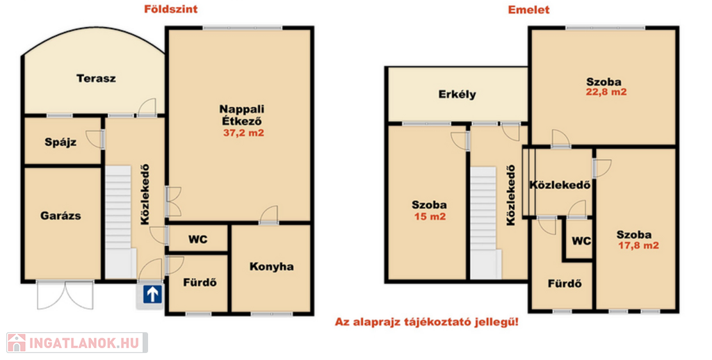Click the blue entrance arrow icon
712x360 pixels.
[x=152, y=294]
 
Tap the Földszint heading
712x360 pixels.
[x=171, y=9]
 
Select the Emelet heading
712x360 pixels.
[x=528, y=10]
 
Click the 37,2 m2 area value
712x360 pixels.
[x=243, y=133]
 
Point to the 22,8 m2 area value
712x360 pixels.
[x=606, y=92]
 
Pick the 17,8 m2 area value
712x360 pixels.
[x=638, y=245]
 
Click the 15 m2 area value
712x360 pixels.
[x=430, y=217]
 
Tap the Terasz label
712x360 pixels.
[x=96, y=79]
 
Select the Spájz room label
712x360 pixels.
[x=60, y=142]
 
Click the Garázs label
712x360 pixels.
[x=60, y=215]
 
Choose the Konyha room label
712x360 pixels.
[x=272, y=266]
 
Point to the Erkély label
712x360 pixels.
[x=458, y=95]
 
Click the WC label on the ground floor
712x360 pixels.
[x=198, y=239]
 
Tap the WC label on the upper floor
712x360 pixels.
[x=581, y=240]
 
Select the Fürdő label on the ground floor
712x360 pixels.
[x=200, y=282]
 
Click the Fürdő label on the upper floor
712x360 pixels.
[x=565, y=284]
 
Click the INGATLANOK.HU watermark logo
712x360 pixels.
[x=77, y=343]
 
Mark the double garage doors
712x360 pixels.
[x=65, y=295]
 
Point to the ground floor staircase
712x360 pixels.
[x=119, y=222]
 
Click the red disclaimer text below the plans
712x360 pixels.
[x=427, y=322]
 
